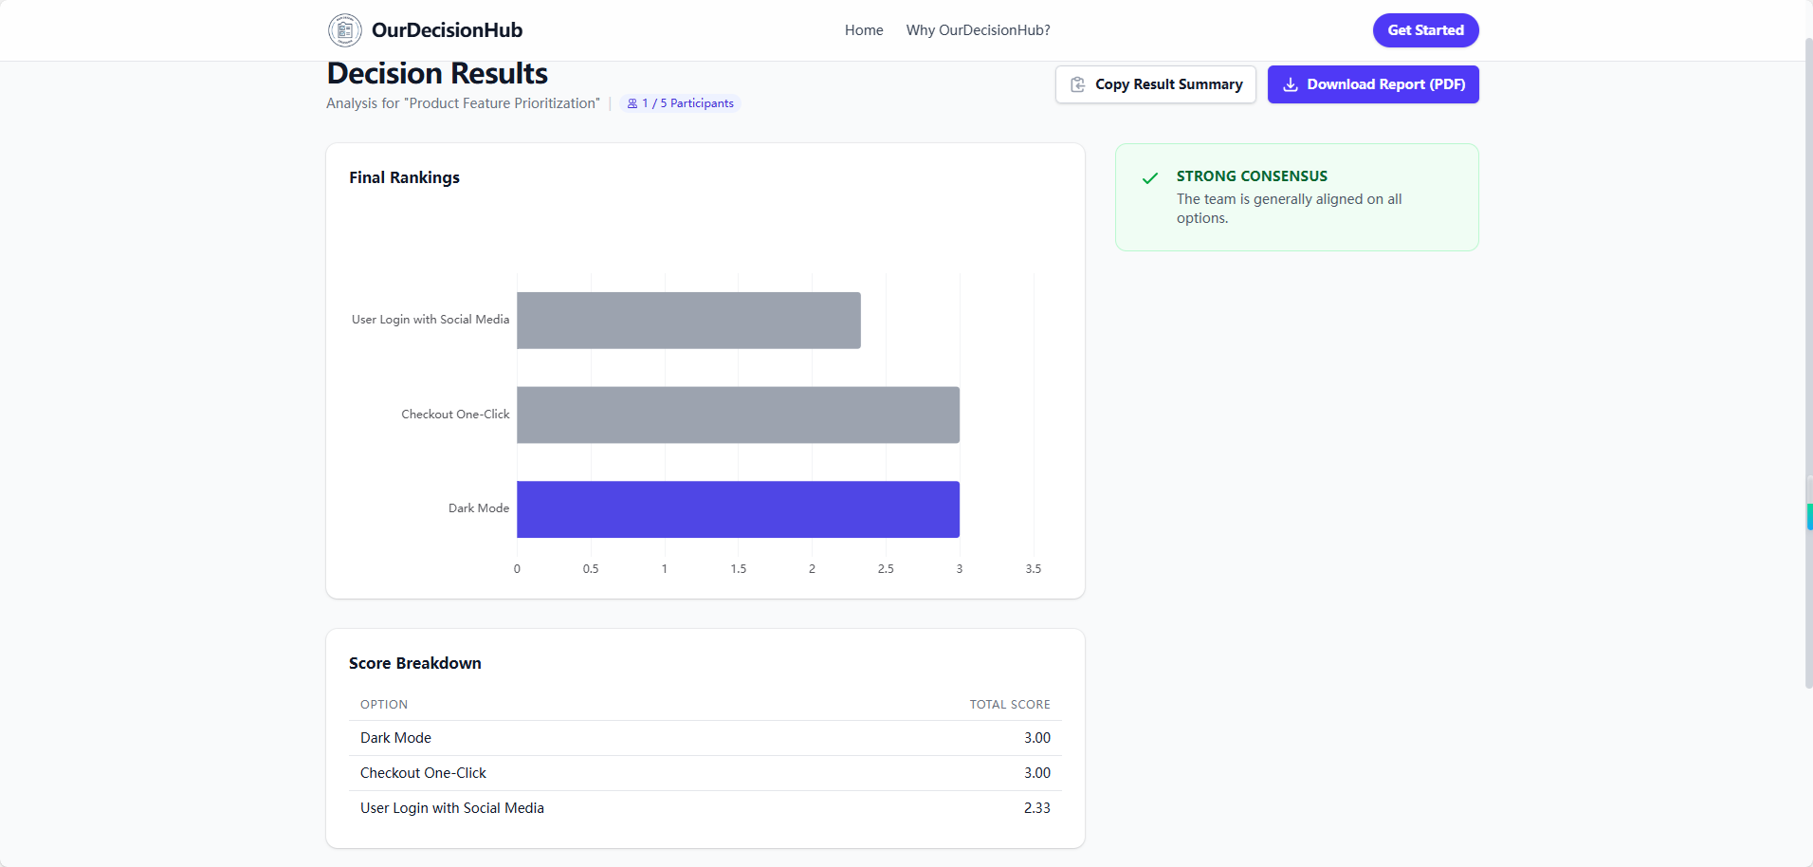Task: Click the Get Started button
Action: tap(1425, 30)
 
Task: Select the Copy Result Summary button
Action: tap(1155, 84)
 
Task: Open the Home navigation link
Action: tap(864, 30)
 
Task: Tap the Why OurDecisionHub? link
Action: tap(978, 30)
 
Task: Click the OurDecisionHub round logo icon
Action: tap(345, 30)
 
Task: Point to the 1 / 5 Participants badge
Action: tap(680, 103)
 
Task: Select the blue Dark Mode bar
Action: tap(738, 509)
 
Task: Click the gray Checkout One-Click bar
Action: tap(738, 415)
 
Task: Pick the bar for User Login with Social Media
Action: tap(688, 321)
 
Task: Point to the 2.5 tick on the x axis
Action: tap(886, 569)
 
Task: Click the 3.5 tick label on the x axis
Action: tap(1033, 569)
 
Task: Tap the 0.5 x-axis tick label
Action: tap(591, 569)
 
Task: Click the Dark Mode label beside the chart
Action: tap(478, 508)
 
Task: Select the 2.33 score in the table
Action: tap(1036, 808)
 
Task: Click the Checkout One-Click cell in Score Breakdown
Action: tap(423, 773)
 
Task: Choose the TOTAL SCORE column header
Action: tap(1009, 705)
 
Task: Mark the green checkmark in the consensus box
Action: tap(1150, 178)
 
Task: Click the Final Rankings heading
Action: tap(404, 177)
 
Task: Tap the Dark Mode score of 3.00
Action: tap(1036, 738)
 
